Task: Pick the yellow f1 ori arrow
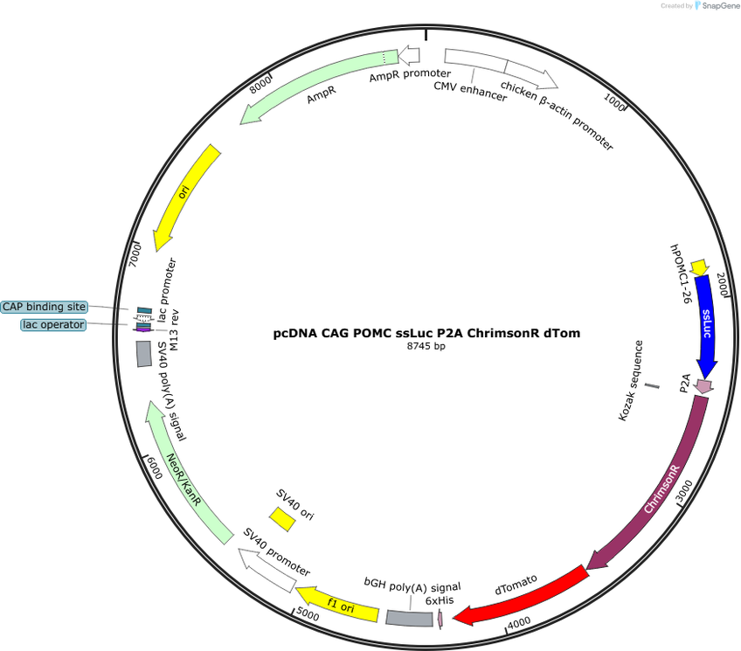(x=339, y=605)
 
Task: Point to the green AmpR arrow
(x=316, y=84)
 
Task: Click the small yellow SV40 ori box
(x=282, y=519)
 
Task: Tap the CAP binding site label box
(x=45, y=307)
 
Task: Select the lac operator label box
(x=53, y=325)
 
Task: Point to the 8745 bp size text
(x=426, y=346)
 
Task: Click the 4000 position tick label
(x=519, y=623)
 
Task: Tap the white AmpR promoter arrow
(x=409, y=55)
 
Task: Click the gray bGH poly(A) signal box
(x=409, y=619)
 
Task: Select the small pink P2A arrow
(x=703, y=387)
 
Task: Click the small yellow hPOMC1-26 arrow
(x=699, y=267)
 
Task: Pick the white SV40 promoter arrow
(x=267, y=570)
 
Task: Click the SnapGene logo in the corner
(x=717, y=5)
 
